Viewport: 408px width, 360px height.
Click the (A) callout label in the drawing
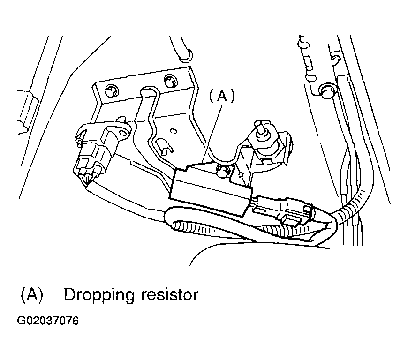(221, 96)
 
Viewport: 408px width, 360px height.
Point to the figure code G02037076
(48, 321)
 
